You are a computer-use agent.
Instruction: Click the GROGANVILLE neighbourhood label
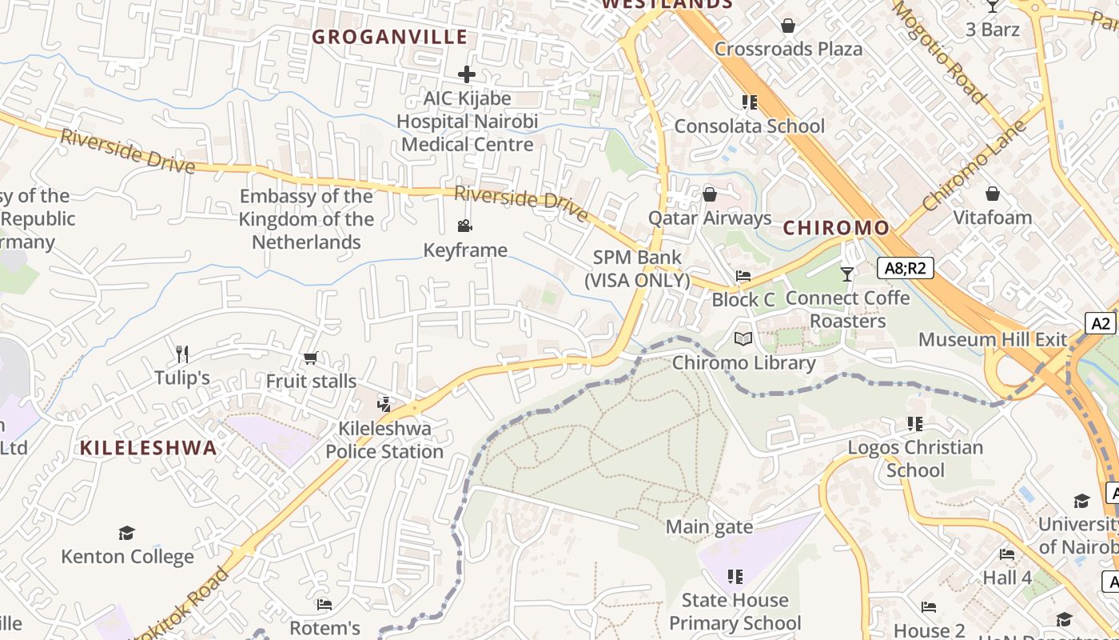click(389, 37)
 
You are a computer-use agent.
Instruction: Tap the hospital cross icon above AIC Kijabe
click(467, 74)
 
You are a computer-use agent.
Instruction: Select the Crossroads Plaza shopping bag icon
click(788, 26)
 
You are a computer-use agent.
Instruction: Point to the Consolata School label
click(749, 126)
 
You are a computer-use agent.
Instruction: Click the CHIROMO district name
click(836, 228)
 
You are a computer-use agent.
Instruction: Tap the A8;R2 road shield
click(905, 268)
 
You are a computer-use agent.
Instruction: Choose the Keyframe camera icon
click(465, 226)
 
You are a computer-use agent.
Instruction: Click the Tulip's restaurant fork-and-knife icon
click(182, 354)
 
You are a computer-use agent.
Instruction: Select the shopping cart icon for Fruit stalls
click(311, 358)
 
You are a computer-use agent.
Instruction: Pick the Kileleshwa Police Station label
click(384, 440)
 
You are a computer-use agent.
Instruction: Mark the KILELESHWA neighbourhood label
click(149, 448)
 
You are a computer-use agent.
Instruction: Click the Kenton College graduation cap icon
click(127, 533)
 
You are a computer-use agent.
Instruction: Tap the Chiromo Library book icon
click(743, 339)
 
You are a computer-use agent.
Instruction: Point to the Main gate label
click(709, 527)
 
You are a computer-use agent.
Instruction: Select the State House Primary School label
click(735, 611)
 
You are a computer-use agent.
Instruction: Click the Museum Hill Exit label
click(992, 339)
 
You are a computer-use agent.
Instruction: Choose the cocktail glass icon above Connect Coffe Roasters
click(847, 274)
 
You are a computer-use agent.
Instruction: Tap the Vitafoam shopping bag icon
click(992, 194)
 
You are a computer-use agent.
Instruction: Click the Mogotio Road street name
click(938, 53)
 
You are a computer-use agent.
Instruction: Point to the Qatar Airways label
click(709, 218)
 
